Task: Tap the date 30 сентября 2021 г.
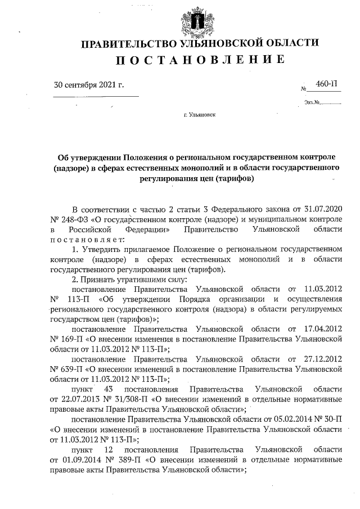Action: pyautogui.click(x=88, y=85)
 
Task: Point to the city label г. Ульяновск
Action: pyautogui.click(x=199, y=114)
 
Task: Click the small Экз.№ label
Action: pyautogui.click(x=312, y=102)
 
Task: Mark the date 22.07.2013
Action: pyautogui.click(x=82, y=399)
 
